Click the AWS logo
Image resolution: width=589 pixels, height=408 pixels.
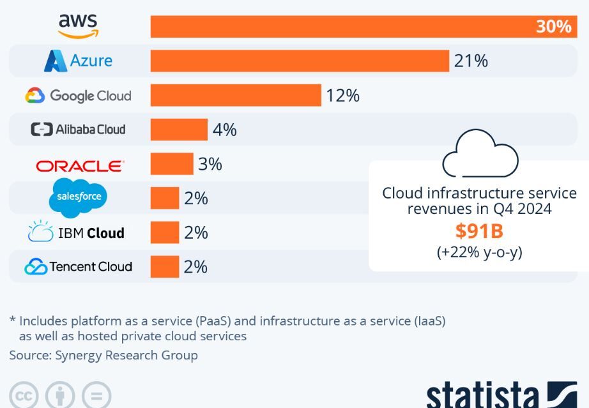(x=78, y=26)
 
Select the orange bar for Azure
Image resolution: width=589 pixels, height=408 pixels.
(x=300, y=61)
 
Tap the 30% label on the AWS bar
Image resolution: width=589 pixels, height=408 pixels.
(x=553, y=27)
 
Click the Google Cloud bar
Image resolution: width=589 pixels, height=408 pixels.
(x=236, y=95)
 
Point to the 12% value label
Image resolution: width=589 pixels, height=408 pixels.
(x=343, y=96)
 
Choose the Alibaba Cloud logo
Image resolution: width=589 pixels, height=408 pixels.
(x=78, y=130)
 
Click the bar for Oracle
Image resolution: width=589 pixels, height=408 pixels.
(x=172, y=164)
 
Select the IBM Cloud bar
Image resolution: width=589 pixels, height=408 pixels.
(x=165, y=232)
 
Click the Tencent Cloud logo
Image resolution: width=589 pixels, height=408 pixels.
(x=78, y=267)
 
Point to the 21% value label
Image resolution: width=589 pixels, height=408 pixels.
(x=471, y=61)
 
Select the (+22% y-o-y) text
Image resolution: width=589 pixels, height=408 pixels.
(x=479, y=252)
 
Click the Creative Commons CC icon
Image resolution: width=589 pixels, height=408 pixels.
(x=24, y=396)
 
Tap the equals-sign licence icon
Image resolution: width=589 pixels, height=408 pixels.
(x=96, y=396)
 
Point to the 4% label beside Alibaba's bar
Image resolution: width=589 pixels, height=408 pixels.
(x=225, y=130)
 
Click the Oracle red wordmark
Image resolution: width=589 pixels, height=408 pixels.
(x=80, y=166)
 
